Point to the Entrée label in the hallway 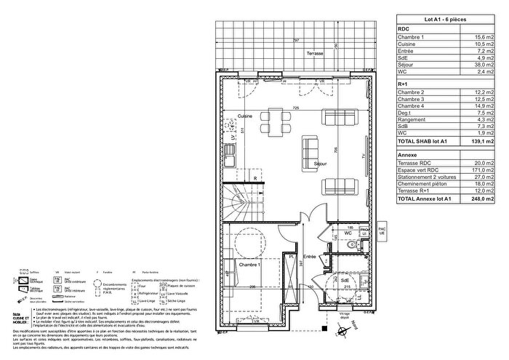coord(309,257)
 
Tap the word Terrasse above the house coord(315,54)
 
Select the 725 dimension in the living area coord(296,108)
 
